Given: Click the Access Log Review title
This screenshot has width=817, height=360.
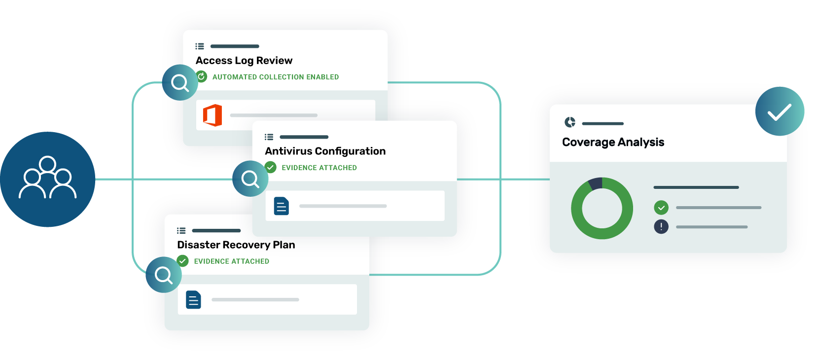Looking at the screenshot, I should click(x=244, y=61).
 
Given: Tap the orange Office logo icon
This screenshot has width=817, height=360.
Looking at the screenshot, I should click(x=213, y=115).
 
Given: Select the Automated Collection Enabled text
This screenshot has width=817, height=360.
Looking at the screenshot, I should click(x=275, y=77).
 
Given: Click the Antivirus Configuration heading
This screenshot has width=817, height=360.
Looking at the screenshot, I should click(x=325, y=151).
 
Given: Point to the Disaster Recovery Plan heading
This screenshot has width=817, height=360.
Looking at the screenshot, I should click(x=236, y=245).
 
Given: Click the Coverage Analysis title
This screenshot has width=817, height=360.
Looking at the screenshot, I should click(x=613, y=143).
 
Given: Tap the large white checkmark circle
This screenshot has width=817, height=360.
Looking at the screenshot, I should click(x=780, y=111).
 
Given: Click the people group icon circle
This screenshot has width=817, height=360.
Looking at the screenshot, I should click(x=47, y=179).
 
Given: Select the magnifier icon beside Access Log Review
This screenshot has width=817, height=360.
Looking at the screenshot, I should click(x=180, y=82).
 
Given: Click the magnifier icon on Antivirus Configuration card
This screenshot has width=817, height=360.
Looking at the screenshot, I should click(x=250, y=179).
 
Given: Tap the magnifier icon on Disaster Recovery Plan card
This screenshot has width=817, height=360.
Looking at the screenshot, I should click(x=163, y=275).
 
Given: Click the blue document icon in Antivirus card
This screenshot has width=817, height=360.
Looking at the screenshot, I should click(x=281, y=206).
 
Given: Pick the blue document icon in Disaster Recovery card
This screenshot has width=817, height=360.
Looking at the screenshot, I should click(x=193, y=299).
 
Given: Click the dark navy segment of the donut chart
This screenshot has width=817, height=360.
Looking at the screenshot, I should click(x=596, y=183).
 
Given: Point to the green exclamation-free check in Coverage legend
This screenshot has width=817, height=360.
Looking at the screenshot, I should click(x=661, y=208).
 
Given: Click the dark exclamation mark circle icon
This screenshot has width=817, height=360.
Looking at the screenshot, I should click(x=661, y=227).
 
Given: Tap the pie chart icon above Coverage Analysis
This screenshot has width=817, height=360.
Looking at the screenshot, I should click(x=570, y=122).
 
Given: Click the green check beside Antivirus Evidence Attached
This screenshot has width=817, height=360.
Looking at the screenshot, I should click(x=271, y=167).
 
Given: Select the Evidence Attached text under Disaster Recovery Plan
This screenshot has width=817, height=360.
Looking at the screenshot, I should click(x=231, y=261).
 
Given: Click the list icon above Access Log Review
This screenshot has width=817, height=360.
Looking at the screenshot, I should click(x=200, y=46).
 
